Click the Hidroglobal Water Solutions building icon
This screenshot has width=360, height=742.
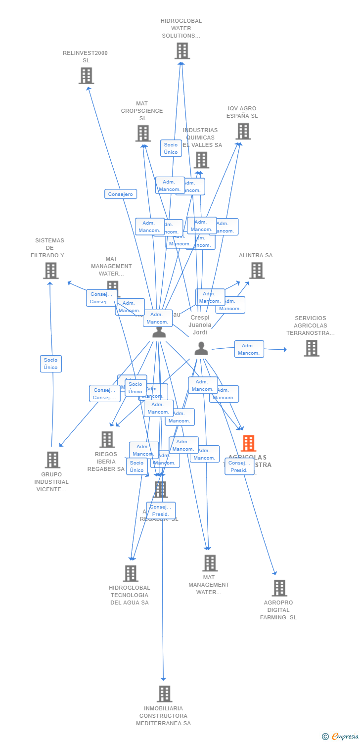182,50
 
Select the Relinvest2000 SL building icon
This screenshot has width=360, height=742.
86,76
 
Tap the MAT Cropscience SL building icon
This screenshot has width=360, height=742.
143,133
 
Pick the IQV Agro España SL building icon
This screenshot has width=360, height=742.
243,131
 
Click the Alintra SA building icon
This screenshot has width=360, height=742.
256,271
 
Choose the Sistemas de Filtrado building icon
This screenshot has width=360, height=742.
50,271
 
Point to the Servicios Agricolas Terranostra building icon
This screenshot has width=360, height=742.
311,348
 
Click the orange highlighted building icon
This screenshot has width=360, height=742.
248,443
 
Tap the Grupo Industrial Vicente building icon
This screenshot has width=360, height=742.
52,460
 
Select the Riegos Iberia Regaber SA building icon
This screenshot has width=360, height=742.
107,439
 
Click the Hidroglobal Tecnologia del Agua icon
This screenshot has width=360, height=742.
130,573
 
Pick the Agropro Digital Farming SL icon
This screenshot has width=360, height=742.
279,588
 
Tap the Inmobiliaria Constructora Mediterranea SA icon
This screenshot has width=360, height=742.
164,694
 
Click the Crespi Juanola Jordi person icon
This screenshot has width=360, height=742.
201,348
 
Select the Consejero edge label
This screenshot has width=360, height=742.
121,194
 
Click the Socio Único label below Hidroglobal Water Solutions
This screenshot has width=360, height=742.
171,148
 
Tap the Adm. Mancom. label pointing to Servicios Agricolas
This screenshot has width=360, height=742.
249,349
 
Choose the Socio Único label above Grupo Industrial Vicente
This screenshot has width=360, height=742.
50,364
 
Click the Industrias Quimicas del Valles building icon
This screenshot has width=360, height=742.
202,160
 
